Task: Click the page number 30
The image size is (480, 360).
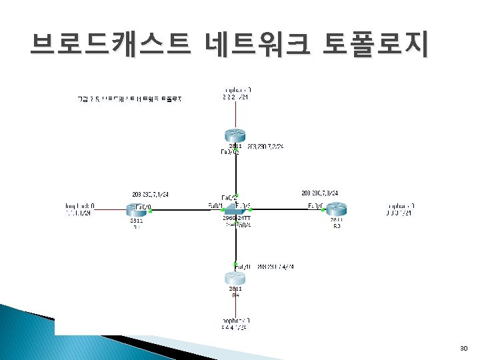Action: (465, 349)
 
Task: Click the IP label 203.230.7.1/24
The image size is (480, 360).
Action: (151, 194)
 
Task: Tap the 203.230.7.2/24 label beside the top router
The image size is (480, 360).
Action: (265, 145)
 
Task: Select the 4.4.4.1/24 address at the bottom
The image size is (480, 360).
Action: (234, 328)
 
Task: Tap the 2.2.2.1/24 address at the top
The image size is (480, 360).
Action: (235, 97)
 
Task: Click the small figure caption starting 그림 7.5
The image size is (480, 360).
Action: (130, 99)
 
